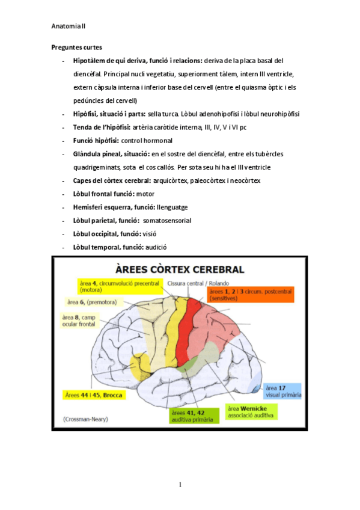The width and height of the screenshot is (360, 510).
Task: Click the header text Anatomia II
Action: [69, 26]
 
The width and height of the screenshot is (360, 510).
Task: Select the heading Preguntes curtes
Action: [76, 47]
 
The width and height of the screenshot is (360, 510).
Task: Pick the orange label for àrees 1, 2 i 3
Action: [249, 294]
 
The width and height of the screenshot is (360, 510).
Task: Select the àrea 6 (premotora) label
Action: [91, 302]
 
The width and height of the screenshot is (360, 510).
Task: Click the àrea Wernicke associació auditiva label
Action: [251, 411]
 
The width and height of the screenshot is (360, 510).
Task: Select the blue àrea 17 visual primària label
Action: [283, 392]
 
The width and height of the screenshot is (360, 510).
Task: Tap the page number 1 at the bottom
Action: [180, 485]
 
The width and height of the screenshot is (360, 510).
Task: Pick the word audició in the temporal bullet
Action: [156, 247]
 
